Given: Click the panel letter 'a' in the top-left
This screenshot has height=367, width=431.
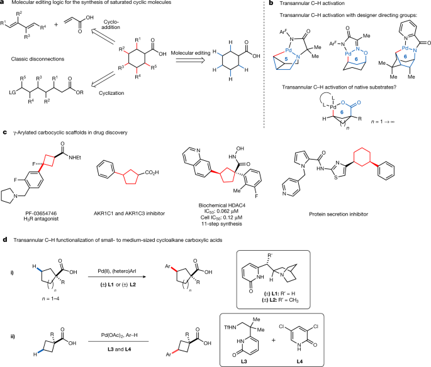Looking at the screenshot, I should coord(3,4).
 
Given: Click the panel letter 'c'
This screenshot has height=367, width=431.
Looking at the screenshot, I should coord(3,133).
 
